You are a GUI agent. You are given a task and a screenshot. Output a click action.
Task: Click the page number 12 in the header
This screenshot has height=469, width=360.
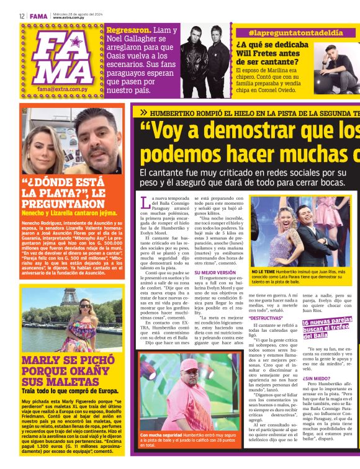click(x=22, y=16)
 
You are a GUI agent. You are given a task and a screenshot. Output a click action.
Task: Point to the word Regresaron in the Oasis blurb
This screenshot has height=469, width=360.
click(x=130, y=29)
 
